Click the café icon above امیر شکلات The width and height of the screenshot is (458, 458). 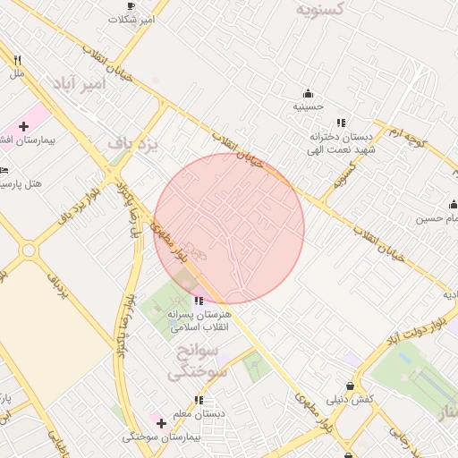coord(132,5)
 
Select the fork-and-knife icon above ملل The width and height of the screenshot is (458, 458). coord(17,60)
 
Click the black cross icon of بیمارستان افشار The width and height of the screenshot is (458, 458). coord(24,127)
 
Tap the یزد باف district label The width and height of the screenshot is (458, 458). coord(131,142)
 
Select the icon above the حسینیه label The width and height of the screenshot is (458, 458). coord(309,93)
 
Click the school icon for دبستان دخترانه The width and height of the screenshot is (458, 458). coord(341,123)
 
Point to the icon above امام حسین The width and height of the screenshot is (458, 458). coord(453,205)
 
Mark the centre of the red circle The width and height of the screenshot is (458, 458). coord(230,228)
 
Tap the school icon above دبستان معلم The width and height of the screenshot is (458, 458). coord(199,400)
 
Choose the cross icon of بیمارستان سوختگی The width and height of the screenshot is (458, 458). coord(161,422)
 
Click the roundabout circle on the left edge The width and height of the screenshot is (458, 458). coord(29,250)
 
